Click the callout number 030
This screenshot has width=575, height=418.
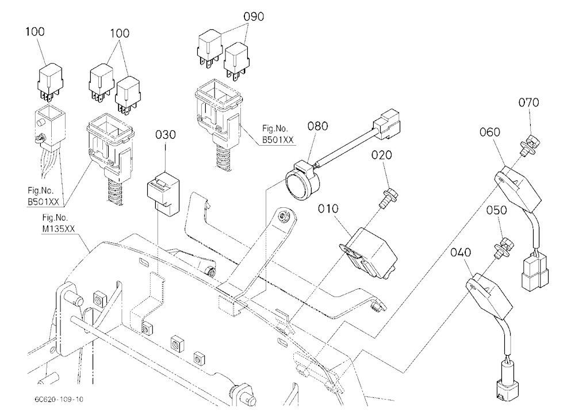coord(166,135)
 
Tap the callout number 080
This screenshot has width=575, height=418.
coord(317,126)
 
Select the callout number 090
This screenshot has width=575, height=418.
coord(254,17)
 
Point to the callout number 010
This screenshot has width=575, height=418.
coord(328,209)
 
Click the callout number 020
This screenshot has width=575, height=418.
coord(381,155)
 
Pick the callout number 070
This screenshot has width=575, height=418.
coord(528,102)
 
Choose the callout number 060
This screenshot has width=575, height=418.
coord(490,132)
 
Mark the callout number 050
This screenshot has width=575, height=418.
coord(497,211)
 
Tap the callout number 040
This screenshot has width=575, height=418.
coord(461,253)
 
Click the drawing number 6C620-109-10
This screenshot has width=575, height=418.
coord(59,399)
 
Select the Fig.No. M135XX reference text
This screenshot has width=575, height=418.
coord(58,223)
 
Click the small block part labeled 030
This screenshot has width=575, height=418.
coord(163,193)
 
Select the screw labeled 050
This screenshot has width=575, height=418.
coord(504,249)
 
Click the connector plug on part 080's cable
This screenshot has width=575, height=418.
coord(386,124)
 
